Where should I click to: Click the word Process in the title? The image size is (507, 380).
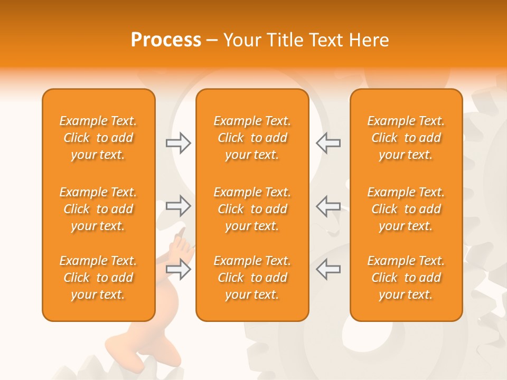pos(166,40)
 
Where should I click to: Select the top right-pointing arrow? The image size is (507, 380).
pos(179,143)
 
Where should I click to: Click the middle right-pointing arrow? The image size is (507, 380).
pos(179,206)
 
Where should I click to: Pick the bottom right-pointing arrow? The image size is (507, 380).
pos(179,269)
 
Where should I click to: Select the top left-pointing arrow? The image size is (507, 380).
pos(328,143)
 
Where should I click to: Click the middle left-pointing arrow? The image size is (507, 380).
pos(328,206)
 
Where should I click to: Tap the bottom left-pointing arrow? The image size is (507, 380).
pos(328,269)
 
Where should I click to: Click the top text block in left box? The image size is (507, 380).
pos(98,138)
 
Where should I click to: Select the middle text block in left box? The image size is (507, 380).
pos(98,209)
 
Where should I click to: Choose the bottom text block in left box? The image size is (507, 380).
pos(98,278)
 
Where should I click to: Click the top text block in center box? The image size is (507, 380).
pos(252,138)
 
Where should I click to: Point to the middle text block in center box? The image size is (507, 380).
pos(252,209)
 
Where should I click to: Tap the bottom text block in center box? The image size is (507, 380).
pos(252,278)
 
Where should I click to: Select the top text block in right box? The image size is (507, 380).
pos(406,138)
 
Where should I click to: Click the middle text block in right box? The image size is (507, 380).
pos(406,209)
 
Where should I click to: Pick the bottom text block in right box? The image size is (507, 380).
pos(406,278)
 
